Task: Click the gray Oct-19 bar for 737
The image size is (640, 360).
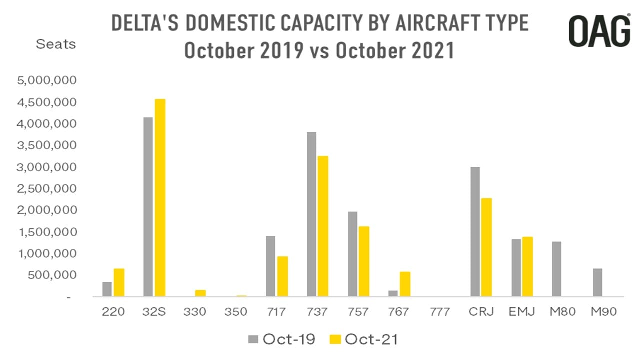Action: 312,214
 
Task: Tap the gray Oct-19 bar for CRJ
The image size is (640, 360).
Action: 475,232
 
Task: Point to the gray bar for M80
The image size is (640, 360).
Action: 557,269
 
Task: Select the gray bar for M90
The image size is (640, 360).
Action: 597,283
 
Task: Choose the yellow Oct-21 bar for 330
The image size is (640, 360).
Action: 200,293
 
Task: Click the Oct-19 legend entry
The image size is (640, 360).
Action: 282,339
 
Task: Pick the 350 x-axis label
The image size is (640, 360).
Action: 236,312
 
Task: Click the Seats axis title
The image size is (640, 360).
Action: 56,44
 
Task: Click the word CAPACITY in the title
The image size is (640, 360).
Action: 320,23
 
